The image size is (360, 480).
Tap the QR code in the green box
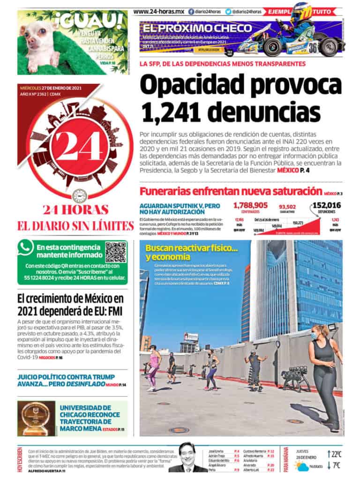115,252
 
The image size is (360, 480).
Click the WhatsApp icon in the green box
25,247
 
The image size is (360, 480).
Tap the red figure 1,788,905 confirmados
250,205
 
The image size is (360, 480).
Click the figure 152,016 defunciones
326,205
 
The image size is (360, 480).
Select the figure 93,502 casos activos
287,206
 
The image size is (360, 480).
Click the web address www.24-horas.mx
158,11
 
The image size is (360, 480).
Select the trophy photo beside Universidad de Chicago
35,418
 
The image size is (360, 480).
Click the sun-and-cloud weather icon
301,465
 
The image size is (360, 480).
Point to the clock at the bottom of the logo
79,195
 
